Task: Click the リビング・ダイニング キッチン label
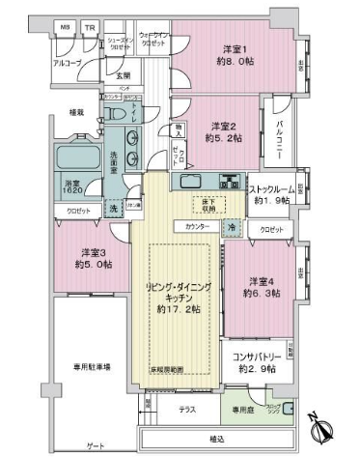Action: pyautogui.click(x=175, y=300)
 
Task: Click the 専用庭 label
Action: pyautogui.click(x=241, y=410)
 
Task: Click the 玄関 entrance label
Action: pyautogui.click(x=125, y=75)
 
